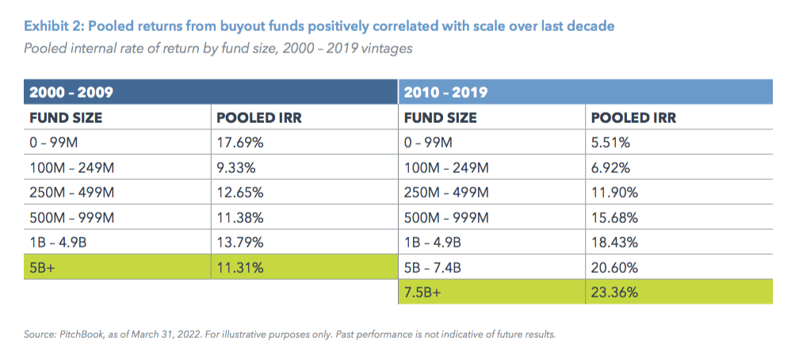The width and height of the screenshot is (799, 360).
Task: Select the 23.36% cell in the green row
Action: [614, 291]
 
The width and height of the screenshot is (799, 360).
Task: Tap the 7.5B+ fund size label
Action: [423, 291]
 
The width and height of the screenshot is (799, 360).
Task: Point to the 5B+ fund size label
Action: [43, 267]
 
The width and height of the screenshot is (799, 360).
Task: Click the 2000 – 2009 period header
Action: [71, 92]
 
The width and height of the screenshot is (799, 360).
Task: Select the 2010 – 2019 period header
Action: [445, 92]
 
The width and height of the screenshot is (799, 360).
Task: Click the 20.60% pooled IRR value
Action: [614, 267]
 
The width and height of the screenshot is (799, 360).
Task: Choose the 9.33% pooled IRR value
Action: [236, 167]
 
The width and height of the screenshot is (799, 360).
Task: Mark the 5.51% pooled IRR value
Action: [610, 143]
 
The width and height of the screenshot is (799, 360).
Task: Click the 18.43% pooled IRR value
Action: [614, 242]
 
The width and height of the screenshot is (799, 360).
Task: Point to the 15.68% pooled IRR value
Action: [614, 217]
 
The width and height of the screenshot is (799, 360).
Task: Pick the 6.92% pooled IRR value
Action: [611, 167]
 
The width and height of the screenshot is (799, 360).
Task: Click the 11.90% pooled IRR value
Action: [614, 193]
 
